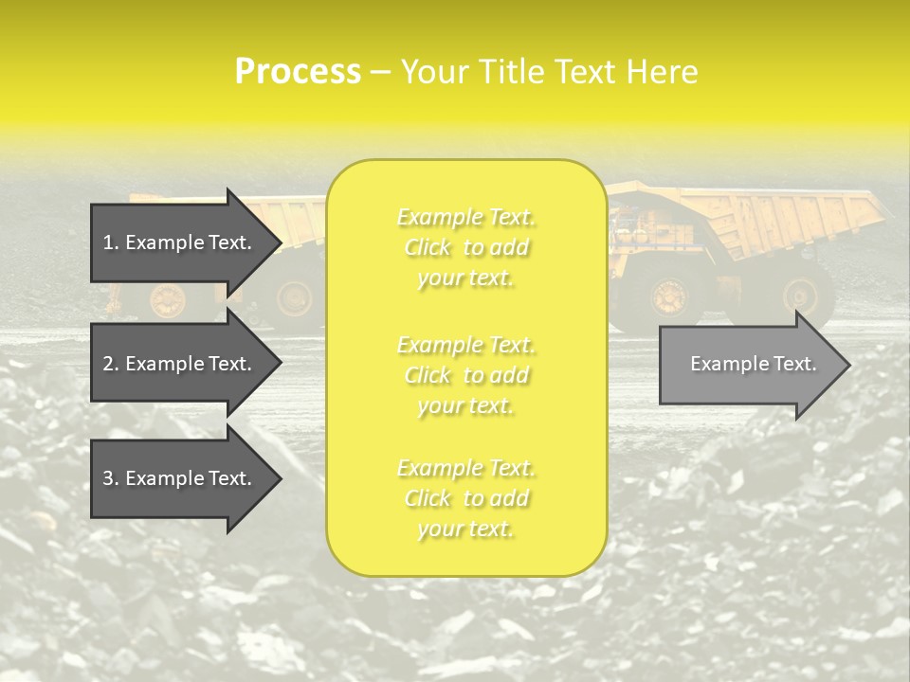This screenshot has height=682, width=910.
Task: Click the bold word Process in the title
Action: (x=298, y=72)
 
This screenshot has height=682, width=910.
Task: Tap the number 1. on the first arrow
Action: (x=111, y=242)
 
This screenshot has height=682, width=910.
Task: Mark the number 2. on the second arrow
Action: (x=111, y=364)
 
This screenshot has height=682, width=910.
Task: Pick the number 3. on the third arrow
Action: (x=111, y=478)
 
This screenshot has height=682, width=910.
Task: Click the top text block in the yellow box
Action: (x=466, y=247)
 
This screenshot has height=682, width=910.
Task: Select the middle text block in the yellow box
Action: (x=466, y=375)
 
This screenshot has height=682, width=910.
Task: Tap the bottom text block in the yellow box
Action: (x=466, y=498)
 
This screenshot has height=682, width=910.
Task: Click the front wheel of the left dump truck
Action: (x=169, y=300)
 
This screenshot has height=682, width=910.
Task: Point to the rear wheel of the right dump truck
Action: (x=807, y=296)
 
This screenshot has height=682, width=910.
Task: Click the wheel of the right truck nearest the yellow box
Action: (x=669, y=296)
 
